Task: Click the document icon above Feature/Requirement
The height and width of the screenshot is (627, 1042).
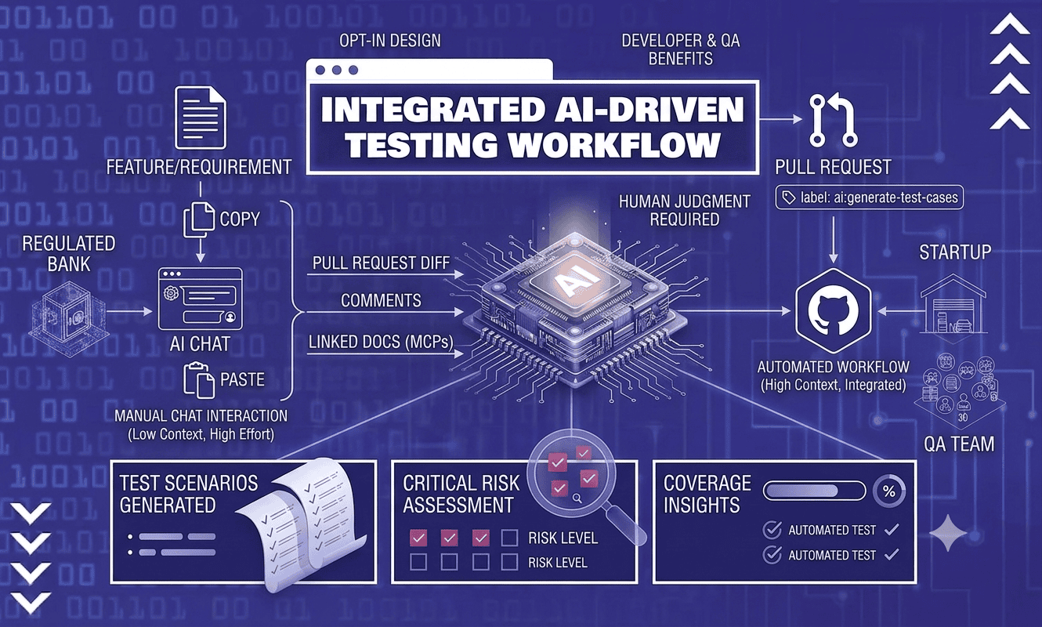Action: (x=201, y=118)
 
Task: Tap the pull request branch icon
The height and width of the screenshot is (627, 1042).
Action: (x=833, y=120)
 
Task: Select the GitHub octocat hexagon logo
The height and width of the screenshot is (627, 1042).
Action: (x=833, y=311)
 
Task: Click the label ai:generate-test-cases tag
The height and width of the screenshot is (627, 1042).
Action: (x=870, y=198)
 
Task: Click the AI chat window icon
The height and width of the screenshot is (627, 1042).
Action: (x=201, y=299)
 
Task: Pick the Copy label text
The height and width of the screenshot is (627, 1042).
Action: (x=240, y=219)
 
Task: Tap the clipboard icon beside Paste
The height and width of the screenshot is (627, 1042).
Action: (x=199, y=380)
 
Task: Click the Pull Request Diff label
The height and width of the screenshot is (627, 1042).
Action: (x=381, y=263)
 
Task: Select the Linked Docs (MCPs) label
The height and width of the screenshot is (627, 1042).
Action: (x=381, y=342)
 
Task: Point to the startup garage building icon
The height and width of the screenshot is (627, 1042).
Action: (x=953, y=305)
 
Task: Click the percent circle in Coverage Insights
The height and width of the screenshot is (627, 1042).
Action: (x=889, y=491)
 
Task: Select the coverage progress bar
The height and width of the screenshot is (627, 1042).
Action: (x=814, y=491)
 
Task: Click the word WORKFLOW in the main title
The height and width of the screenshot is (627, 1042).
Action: (x=614, y=145)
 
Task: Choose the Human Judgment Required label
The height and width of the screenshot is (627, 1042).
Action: (x=684, y=210)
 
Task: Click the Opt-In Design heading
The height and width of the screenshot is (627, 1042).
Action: (x=390, y=41)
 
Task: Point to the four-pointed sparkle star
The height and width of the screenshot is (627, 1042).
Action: (x=948, y=534)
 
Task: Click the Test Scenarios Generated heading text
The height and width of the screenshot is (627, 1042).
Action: (x=188, y=494)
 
